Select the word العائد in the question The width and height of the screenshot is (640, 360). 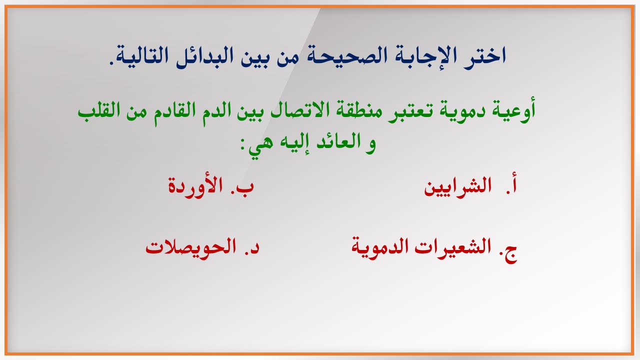pos(335,142)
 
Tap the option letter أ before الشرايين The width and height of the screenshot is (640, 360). pos(512,185)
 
